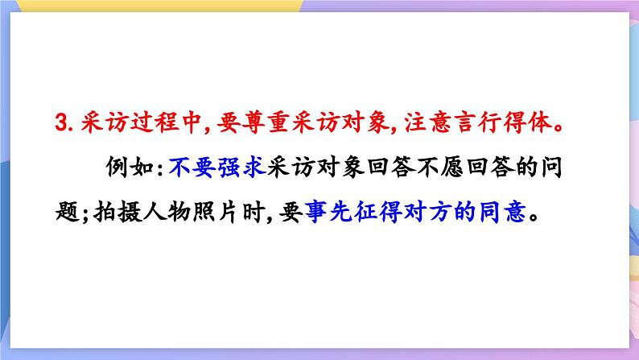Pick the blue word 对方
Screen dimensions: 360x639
pyautogui.click(x=414, y=214)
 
